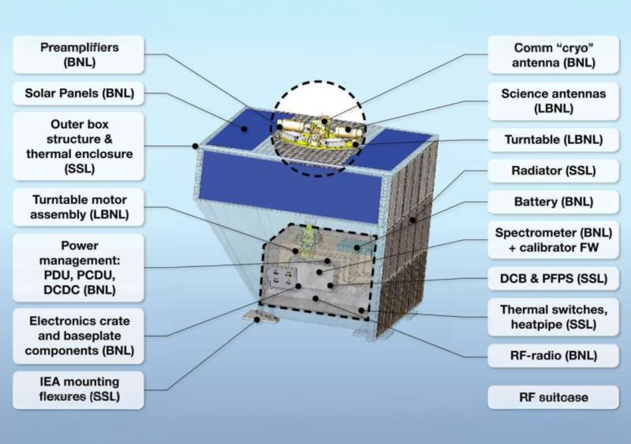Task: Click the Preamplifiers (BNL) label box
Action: pos(78,55)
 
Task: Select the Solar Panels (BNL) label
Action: pos(78,94)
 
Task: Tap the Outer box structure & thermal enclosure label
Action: pos(78,146)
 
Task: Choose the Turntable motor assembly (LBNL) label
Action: pos(78,207)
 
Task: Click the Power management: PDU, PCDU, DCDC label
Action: pos(78,268)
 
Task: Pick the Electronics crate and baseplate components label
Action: pos(78,336)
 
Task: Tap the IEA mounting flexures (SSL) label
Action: pos(78,389)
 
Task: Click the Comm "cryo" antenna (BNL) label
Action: pos(553,55)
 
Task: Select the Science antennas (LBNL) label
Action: pos(553,101)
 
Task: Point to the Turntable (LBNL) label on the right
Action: pos(553,140)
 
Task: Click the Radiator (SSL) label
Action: pos(553,171)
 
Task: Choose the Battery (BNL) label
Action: pos(553,202)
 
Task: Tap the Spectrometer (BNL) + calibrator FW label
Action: pos(553,240)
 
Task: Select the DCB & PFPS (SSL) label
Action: pos(553,279)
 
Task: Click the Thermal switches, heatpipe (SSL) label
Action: pos(553,317)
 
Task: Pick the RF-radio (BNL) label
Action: pos(553,356)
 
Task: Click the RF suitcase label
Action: pos(553,397)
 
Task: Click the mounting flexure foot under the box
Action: pos(260,317)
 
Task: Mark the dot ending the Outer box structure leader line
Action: pos(195,146)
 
